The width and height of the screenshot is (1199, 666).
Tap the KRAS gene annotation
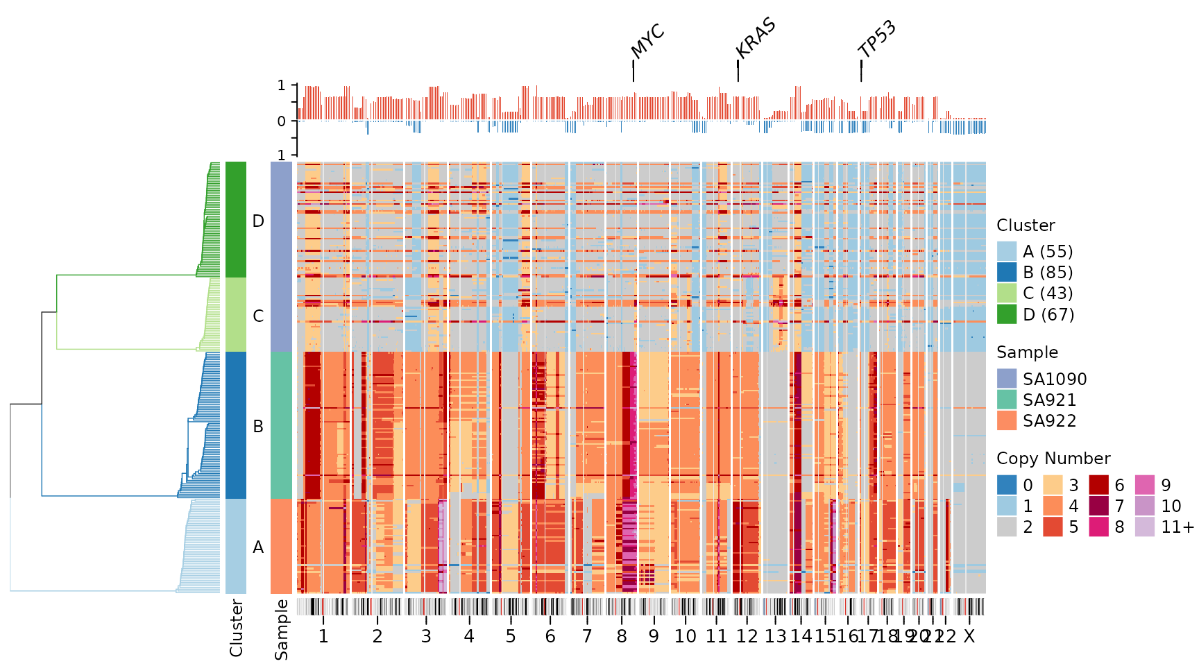[x=755, y=38]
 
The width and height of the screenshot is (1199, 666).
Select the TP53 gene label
[x=877, y=40]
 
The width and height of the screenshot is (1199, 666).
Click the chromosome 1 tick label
[x=323, y=636]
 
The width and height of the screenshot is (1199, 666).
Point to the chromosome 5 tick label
[x=510, y=636]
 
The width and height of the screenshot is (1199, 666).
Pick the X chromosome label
[x=969, y=636]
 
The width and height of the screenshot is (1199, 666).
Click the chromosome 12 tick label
[x=747, y=636]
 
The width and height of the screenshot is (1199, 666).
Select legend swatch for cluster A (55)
[x=1007, y=251]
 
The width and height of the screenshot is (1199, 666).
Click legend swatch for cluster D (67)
[x=1007, y=314]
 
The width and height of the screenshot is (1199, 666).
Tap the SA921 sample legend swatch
[x=1007, y=400]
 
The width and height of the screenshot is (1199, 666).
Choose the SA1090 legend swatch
[x=1007, y=379]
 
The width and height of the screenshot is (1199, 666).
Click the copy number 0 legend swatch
[x=1007, y=485]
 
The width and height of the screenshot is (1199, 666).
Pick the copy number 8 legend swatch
[x=1098, y=527]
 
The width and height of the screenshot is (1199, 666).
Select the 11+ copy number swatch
[x=1145, y=527]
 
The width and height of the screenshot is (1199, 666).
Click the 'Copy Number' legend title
[x=1053, y=459]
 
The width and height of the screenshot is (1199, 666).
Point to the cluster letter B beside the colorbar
[x=258, y=427]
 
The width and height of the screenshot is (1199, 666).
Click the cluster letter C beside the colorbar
[x=258, y=316]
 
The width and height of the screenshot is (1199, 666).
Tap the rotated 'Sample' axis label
[x=281, y=629]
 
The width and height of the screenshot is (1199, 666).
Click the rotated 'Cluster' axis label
[x=236, y=628]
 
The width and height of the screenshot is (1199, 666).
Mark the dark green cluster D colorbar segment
[x=236, y=220]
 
